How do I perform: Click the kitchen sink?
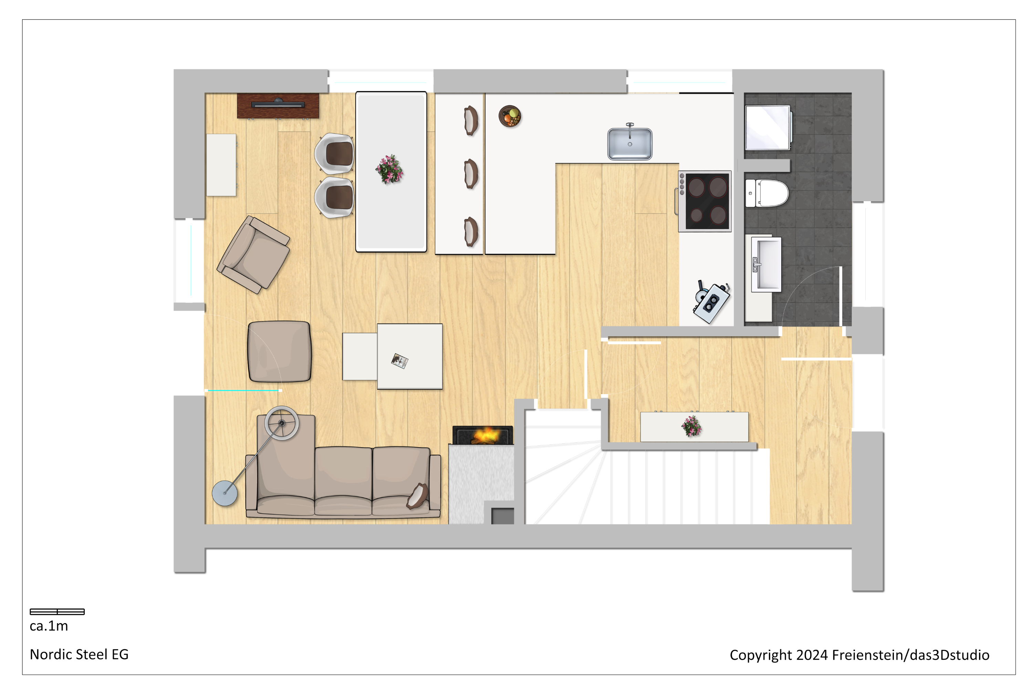click(630, 143)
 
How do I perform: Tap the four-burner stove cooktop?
click(705, 201)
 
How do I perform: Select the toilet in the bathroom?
click(767, 193)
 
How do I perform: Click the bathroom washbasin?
click(766, 265)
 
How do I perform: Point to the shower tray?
click(768, 128)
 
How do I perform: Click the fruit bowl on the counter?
click(510, 116)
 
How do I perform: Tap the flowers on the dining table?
click(389, 169)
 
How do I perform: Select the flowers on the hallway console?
click(691, 426)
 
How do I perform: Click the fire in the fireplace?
click(484, 436)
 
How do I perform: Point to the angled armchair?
click(253, 255)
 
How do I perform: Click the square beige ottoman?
click(279, 351)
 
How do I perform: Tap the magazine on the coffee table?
click(400, 361)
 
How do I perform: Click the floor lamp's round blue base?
click(225, 493)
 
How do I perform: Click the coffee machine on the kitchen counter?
click(711, 301)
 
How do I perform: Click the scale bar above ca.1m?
click(57, 612)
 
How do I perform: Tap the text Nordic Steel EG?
click(79, 654)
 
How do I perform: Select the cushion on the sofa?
click(417, 496)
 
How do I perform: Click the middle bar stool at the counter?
click(471, 174)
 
